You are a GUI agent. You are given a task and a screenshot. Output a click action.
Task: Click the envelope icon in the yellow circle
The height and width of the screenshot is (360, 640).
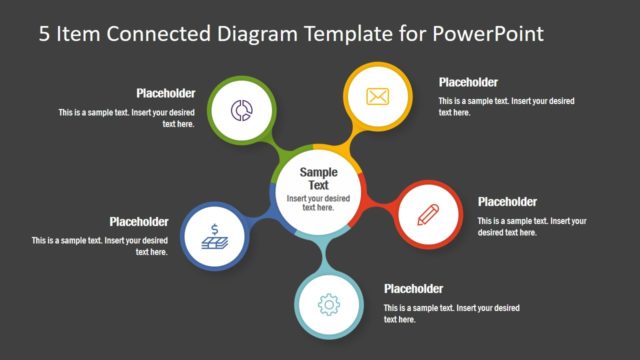377,97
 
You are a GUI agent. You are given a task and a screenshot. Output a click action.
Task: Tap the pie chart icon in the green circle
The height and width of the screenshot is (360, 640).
241,110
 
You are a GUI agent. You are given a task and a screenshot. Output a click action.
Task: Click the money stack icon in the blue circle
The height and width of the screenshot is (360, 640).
214,239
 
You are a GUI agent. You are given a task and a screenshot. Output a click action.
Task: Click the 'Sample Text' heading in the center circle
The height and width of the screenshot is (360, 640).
319,179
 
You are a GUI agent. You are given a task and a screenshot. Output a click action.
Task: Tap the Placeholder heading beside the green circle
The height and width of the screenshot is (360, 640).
166,93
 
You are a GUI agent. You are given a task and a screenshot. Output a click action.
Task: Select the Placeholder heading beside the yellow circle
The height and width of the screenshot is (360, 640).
468,82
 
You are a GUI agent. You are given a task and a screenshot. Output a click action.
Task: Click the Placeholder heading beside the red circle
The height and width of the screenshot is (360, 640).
507,201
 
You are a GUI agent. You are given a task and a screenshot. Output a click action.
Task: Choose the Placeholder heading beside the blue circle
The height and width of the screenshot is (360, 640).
139,222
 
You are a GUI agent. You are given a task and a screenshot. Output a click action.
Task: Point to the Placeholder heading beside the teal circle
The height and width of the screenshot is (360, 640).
413,289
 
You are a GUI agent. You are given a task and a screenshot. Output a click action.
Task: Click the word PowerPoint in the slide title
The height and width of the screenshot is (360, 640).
487,33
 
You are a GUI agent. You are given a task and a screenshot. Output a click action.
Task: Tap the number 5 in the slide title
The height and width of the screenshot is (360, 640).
45,33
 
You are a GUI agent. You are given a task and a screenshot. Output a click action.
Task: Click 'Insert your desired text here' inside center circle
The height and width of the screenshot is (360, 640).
319,203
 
